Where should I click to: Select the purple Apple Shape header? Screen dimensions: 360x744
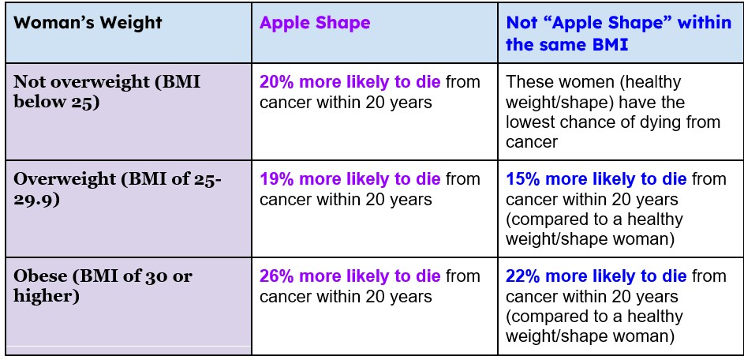pyautogui.click(x=315, y=22)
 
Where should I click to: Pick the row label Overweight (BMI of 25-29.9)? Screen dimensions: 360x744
pyautogui.click(x=118, y=189)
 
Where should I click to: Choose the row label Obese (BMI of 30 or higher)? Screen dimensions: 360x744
pyautogui.click(x=103, y=287)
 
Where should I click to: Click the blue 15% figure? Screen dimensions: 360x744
pyautogui.click(x=523, y=179)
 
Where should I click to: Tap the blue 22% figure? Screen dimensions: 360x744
pyautogui.click(x=523, y=276)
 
